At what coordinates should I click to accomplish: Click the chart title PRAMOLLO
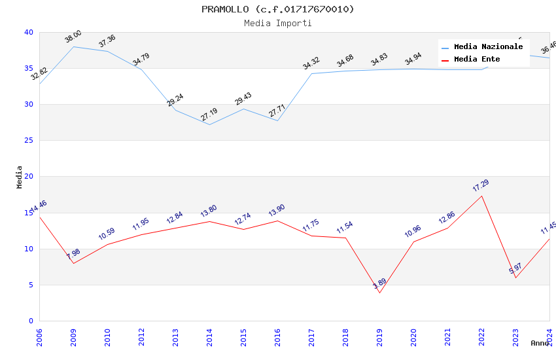click(x=277, y=9)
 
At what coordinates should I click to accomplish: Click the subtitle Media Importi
click(x=277, y=23)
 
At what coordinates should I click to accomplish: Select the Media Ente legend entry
click(x=477, y=60)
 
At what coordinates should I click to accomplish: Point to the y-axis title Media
click(x=20, y=177)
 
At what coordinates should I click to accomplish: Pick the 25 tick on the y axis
click(x=29, y=141)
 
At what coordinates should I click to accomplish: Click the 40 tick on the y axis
click(x=29, y=32)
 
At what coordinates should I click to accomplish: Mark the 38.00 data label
click(x=73, y=37)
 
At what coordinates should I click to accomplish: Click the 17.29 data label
click(x=481, y=186)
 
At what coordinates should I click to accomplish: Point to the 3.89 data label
click(x=380, y=283)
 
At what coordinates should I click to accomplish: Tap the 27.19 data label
click(x=209, y=115)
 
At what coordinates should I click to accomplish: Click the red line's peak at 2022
click(x=481, y=196)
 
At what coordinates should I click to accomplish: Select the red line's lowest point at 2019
click(x=379, y=293)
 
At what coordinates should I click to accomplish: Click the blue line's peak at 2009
click(x=73, y=46)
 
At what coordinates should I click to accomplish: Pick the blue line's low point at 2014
click(x=209, y=124)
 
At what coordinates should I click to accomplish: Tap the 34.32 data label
click(x=311, y=63)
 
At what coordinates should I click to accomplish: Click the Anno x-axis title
click(x=540, y=343)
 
